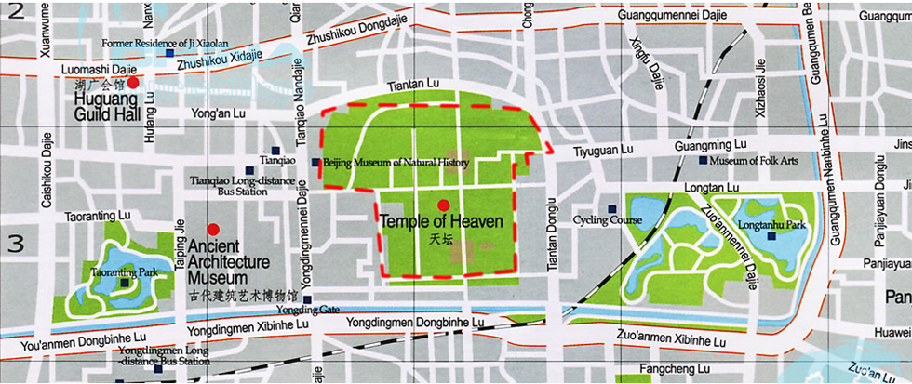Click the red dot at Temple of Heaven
443,205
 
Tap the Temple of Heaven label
441,222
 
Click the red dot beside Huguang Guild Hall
133,83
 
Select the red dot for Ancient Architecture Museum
213,229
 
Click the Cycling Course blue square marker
611,208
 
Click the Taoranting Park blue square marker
124,283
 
